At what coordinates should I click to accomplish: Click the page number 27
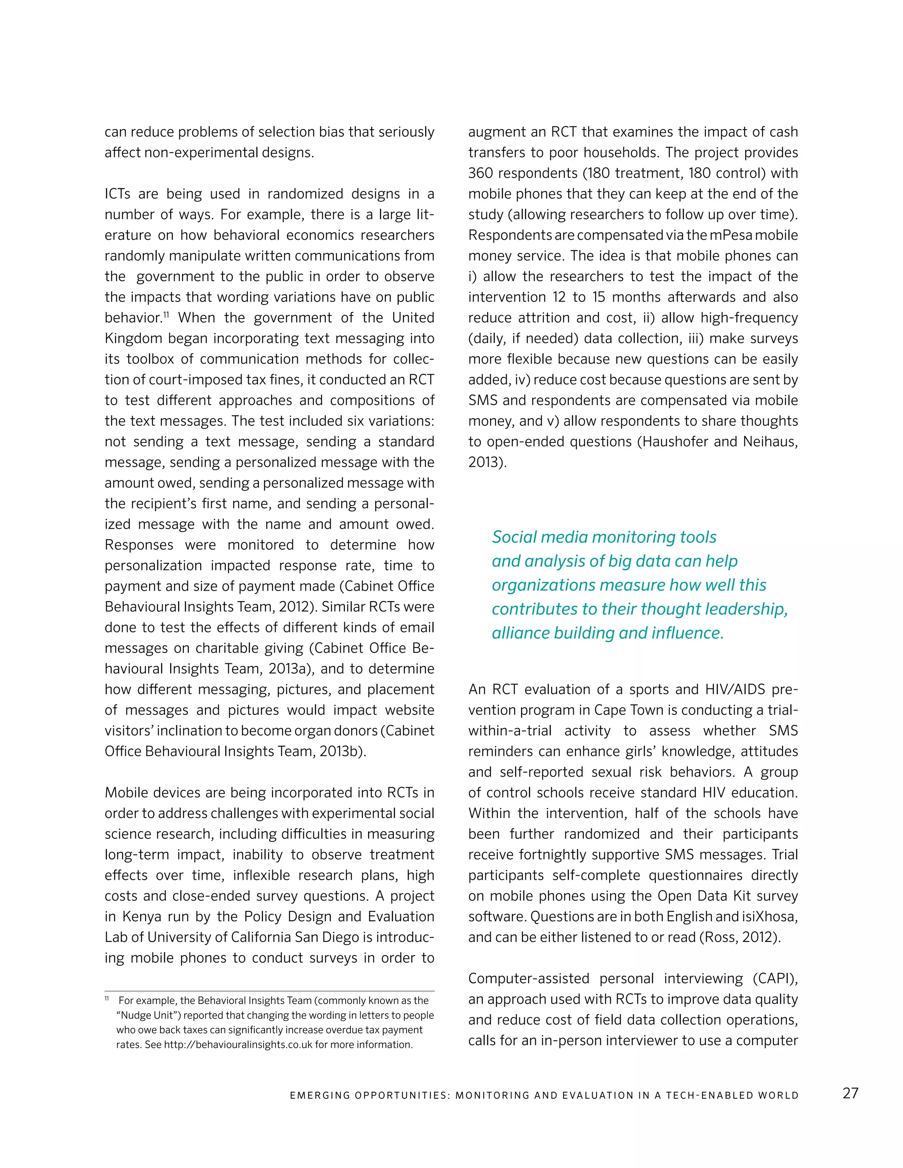coord(850,1093)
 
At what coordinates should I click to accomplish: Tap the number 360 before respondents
coord(481,173)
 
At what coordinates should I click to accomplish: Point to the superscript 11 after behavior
coord(166,315)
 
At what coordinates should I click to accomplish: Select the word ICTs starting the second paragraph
coord(118,194)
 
